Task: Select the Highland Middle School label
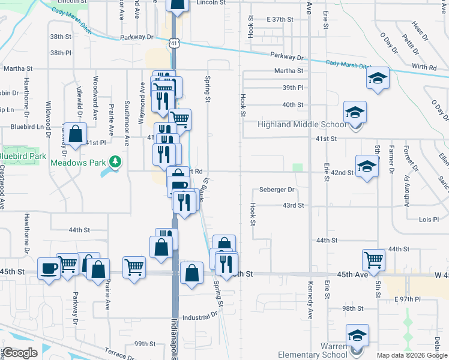[x=302, y=125]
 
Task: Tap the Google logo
[x=19, y=353]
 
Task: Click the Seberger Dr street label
[x=277, y=190]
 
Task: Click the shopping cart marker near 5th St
[x=373, y=260]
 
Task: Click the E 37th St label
[x=279, y=20]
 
